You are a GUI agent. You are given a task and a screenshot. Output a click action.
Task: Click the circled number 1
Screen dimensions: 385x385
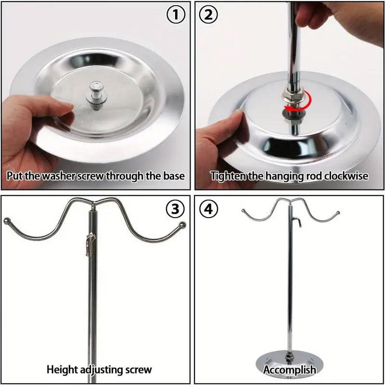coord(176,15)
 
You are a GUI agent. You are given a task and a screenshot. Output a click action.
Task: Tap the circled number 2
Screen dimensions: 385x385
coord(208,15)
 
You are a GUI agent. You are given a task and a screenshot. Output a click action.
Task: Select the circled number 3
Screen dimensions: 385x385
coord(175,209)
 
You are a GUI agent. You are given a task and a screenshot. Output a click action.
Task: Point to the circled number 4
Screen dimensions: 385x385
coord(208,209)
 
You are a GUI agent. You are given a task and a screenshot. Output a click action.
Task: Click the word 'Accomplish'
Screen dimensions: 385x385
coord(290,370)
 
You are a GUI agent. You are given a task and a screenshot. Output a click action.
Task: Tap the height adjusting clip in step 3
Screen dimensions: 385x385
coord(90,244)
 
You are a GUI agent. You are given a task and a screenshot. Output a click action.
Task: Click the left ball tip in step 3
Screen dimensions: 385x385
coord(7,221)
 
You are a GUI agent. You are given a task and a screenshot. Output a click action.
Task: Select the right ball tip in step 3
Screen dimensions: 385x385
coord(182,225)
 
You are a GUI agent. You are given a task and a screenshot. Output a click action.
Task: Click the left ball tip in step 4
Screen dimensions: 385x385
coord(244,211)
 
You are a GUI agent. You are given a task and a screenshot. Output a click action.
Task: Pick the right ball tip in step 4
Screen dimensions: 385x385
coord(338,213)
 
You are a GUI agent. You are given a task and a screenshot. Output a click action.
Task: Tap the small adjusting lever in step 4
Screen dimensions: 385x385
coord(297,222)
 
